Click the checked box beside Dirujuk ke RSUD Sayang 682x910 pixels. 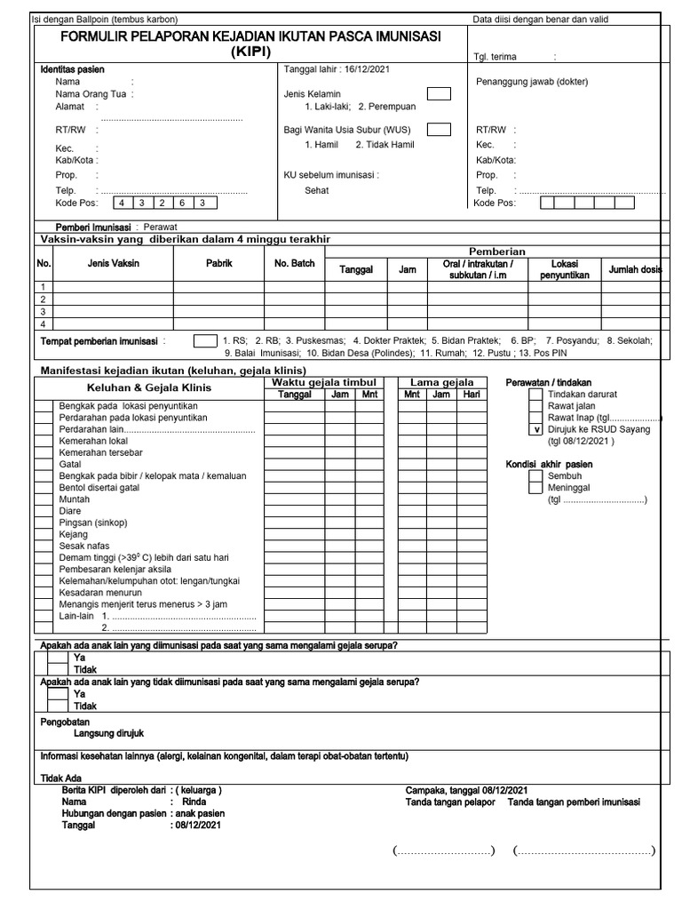tap(535, 429)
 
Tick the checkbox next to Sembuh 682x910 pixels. tap(535, 475)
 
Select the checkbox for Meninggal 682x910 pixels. tap(535, 487)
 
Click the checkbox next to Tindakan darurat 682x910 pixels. tap(535, 394)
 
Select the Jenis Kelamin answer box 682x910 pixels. tap(438, 93)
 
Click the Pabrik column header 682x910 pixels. tap(218, 264)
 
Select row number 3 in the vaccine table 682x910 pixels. tap(42, 312)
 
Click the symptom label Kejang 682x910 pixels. tap(73, 533)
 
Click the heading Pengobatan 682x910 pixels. tap(66, 722)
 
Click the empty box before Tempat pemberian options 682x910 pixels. tap(204, 340)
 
